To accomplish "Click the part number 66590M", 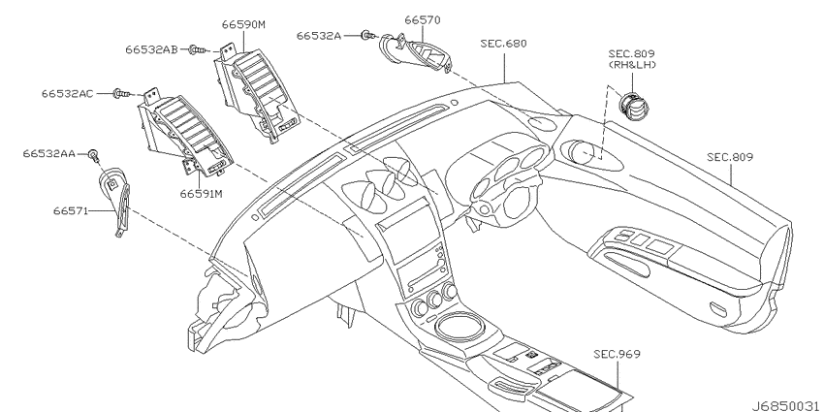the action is (243, 24).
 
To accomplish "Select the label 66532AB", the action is (151, 49).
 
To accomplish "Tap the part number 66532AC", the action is (67, 93).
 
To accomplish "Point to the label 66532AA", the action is (48, 153).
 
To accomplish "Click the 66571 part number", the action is (71, 210).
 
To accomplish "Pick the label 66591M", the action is (202, 194).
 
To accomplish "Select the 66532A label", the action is (319, 35).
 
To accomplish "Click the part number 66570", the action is (423, 20).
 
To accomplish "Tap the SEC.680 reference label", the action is (503, 43).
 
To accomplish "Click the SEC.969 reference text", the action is (617, 354).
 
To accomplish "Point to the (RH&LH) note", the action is (632, 65).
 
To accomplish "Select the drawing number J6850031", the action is (786, 406).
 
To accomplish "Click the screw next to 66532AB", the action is (197, 49).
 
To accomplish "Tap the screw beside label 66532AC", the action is (121, 94).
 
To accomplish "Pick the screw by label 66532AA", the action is (93, 154).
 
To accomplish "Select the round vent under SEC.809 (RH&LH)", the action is (634, 105).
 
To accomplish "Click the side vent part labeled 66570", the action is (416, 53).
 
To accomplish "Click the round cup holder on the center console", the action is (457, 326).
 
